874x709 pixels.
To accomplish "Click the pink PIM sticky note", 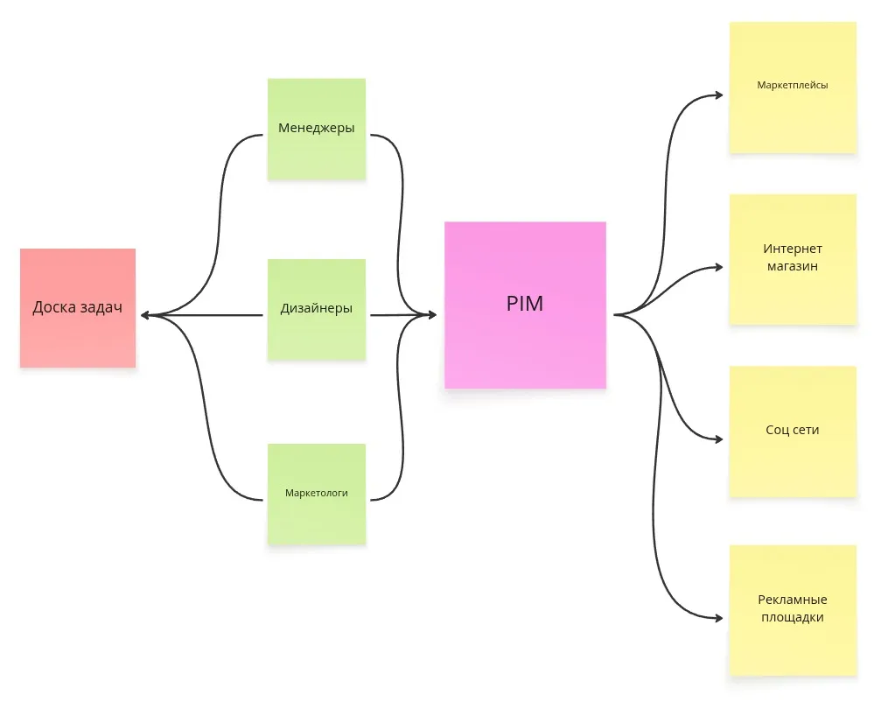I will pyautogui.click(x=525, y=305).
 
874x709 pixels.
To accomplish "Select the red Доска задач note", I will pyautogui.click(x=78, y=307).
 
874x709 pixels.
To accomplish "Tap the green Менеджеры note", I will pyautogui.click(x=317, y=128).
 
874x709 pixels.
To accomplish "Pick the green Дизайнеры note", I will pyautogui.click(x=317, y=308).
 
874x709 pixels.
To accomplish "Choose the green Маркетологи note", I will pyautogui.click(x=317, y=493).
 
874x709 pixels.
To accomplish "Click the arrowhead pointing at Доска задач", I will pyautogui.click(x=144, y=315).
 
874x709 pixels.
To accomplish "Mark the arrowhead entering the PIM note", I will pyautogui.click(x=430, y=315).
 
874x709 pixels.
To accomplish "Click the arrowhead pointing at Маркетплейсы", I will pyautogui.click(x=718, y=94).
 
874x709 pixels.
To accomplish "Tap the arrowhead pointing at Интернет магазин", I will pyautogui.click(x=718, y=266).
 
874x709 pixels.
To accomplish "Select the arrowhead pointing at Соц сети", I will pyautogui.click(x=718, y=439).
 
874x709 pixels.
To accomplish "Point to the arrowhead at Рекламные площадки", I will pyautogui.click(x=718, y=618).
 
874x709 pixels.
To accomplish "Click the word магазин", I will pyautogui.click(x=793, y=266).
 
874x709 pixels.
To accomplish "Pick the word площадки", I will pyautogui.click(x=793, y=617).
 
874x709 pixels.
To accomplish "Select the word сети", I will pyautogui.click(x=805, y=430).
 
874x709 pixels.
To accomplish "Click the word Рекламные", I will pyautogui.click(x=793, y=600).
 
